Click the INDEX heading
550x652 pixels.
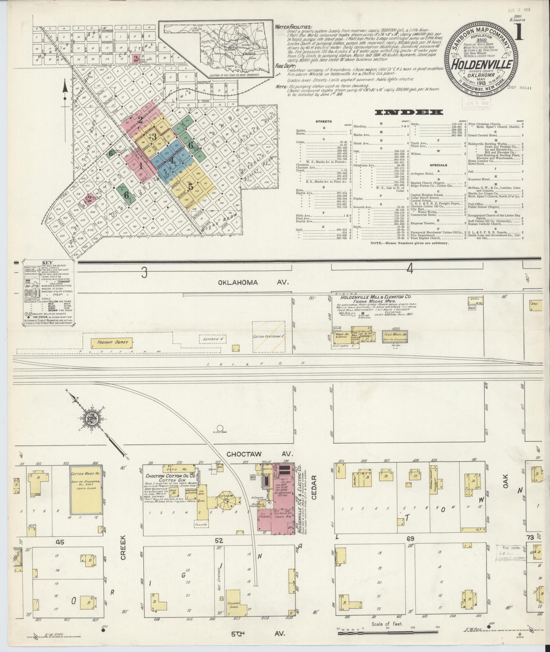tap(409, 112)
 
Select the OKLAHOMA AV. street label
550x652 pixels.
tap(253, 282)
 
